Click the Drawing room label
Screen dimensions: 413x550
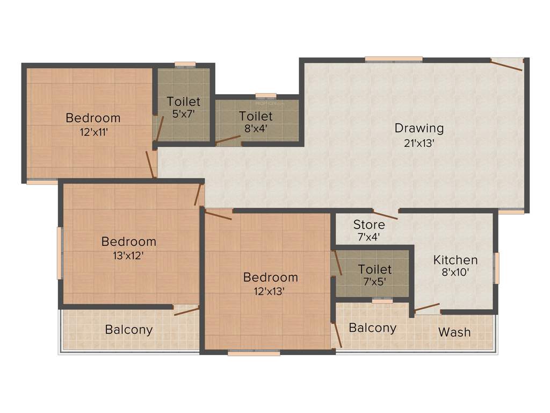419,129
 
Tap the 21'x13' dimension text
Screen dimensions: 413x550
419,144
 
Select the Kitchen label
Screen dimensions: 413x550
455,260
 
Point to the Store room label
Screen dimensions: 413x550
369,225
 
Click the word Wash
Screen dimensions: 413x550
454,332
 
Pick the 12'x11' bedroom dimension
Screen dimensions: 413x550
93,132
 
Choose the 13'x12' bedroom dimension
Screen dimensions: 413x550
128,255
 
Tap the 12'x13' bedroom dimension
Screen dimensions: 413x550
270,291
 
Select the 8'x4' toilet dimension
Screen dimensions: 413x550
256,129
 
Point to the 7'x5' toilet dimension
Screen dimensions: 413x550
374,281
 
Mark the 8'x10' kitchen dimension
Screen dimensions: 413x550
455,272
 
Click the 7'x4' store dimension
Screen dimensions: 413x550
369,236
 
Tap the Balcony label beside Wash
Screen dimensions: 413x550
373,327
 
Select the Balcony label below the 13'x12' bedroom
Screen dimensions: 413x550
129,330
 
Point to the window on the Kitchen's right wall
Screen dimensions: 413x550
497,268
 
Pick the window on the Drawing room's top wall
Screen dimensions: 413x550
393,59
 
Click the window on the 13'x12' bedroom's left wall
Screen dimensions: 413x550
60,253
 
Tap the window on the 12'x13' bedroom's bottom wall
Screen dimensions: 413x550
254,353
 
